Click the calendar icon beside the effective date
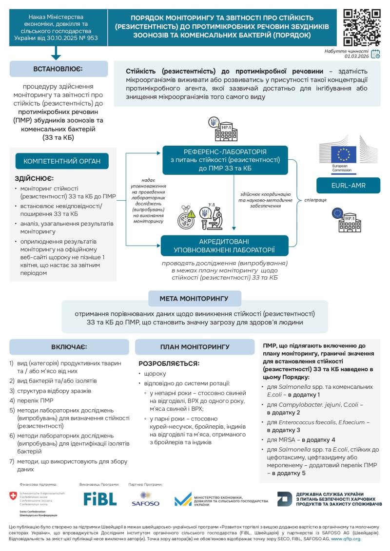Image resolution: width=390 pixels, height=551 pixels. pos(375,54)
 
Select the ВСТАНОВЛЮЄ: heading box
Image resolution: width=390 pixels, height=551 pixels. pos(58,69)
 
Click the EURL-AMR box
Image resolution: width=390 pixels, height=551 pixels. pos(348,185)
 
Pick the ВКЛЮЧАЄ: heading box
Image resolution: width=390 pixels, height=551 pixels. pos(69,347)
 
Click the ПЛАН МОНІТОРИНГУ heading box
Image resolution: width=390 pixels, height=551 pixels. pos(195,347)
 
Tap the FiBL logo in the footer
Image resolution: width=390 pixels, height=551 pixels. pos(99,498)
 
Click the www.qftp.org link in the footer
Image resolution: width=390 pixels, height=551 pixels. pos(346,539)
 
